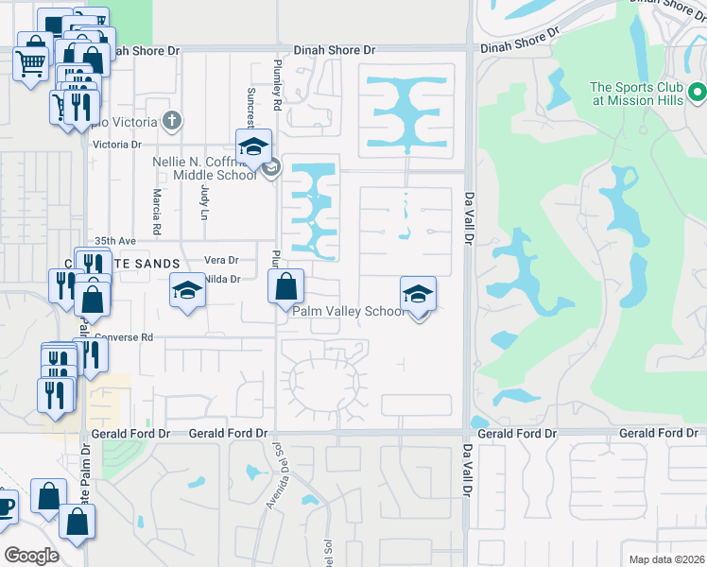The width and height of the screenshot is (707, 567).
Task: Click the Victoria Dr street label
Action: click(116, 145)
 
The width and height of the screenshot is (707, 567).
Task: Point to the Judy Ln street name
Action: click(203, 200)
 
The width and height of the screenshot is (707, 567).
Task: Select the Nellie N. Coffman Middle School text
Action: click(204, 167)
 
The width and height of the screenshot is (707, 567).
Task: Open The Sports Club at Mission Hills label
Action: click(636, 94)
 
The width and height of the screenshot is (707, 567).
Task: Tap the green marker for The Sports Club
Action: click(698, 93)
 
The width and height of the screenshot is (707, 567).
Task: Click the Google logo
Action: click(30, 555)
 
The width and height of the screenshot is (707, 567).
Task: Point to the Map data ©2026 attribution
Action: click(665, 558)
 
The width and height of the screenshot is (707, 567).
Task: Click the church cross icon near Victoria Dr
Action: click(171, 121)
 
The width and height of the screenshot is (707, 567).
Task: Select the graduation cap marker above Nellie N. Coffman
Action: click(253, 146)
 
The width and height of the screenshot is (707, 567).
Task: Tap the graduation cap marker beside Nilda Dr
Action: click(187, 290)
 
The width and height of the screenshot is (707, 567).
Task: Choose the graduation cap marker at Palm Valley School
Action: click(418, 293)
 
